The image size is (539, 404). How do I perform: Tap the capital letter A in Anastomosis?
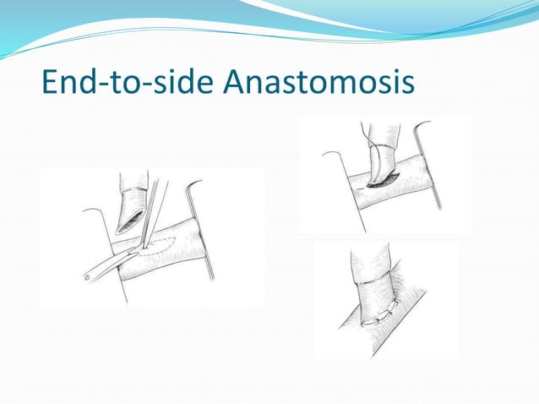[x=241, y=83]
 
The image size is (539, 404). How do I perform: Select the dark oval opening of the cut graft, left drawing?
[x=130, y=221]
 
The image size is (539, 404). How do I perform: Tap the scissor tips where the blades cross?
[x=138, y=247]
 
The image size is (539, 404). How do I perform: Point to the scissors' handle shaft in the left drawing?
[x=106, y=265]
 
